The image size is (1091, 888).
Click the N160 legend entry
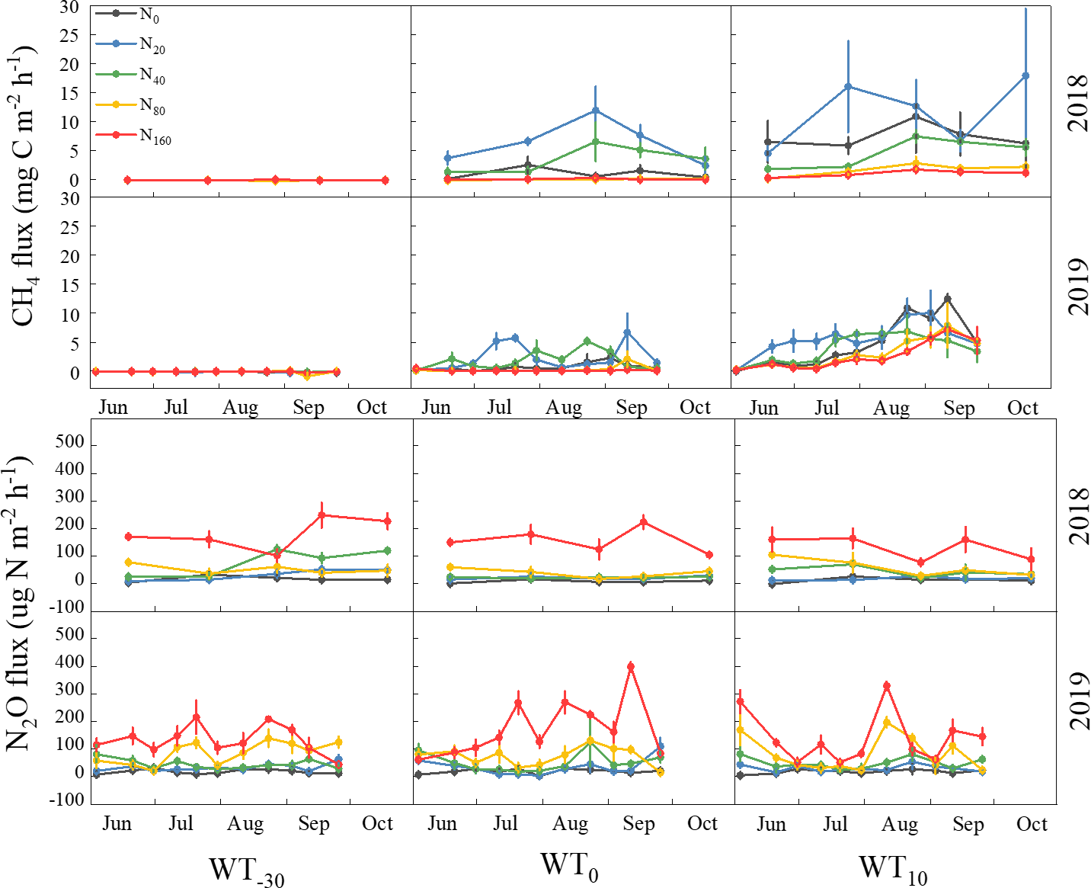[x=134, y=136]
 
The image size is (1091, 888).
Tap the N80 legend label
[x=152, y=106]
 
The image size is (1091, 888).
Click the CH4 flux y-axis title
[x=24, y=187]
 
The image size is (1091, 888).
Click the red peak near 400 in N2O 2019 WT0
[x=630, y=667]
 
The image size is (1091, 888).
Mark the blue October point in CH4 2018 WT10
[x=1025, y=76]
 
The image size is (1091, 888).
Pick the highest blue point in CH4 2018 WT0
[x=596, y=111]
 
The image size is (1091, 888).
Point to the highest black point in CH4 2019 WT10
[x=947, y=298]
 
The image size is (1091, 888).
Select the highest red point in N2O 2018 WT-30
[x=322, y=515]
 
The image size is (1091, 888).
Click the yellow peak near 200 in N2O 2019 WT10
[x=886, y=721]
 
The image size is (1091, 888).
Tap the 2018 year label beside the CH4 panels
[x=1077, y=103]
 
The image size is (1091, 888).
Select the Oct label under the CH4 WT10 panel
[x=1022, y=408]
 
